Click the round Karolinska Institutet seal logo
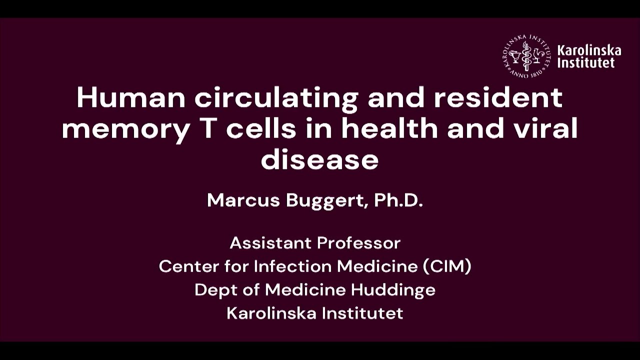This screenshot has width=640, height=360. pyautogui.click(x=526, y=56)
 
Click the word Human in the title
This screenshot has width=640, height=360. pyautogui.click(x=131, y=98)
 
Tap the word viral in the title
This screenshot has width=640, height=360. pyautogui.click(x=550, y=129)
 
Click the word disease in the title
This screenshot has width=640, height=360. pyautogui.click(x=319, y=160)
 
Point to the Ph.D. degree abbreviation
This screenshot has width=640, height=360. pyautogui.click(x=398, y=200)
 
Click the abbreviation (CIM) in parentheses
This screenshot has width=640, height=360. pyautogui.click(x=447, y=266)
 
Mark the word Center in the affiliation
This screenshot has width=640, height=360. pyautogui.click(x=188, y=266)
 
